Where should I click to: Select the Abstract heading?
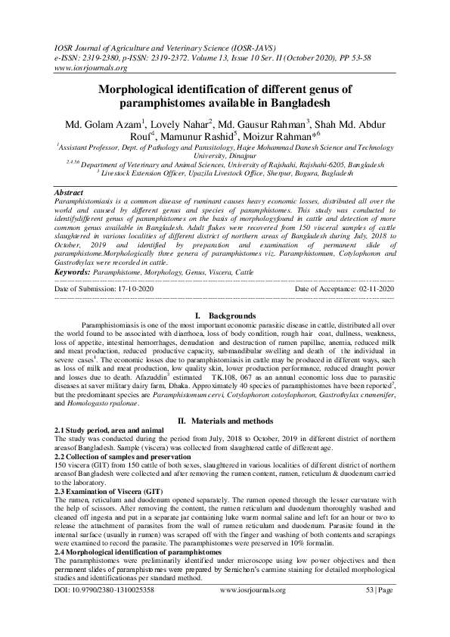coord(70,193)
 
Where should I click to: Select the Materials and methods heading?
coord(228,420)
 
